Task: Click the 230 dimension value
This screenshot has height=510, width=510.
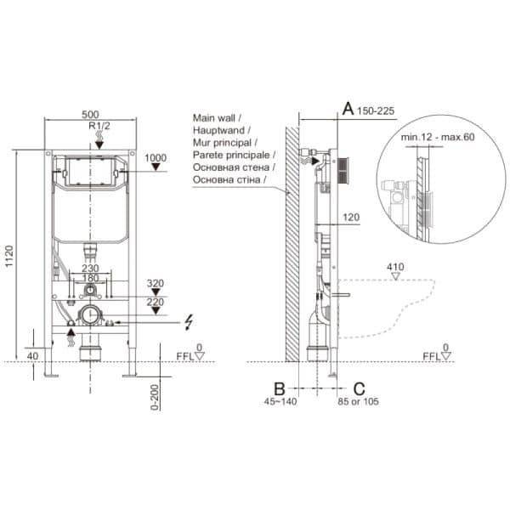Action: (x=90, y=269)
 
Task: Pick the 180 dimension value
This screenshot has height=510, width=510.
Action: (x=90, y=278)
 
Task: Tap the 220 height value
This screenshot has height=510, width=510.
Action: (x=156, y=301)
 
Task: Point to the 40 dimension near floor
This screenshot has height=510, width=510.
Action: (x=31, y=355)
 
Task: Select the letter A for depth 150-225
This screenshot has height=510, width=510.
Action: (x=347, y=108)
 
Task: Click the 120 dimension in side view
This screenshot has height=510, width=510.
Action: (x=351, y=218)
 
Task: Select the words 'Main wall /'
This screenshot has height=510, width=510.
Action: (x=218, y=117)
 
